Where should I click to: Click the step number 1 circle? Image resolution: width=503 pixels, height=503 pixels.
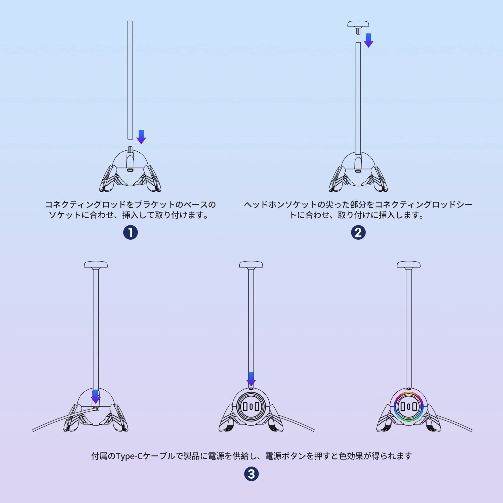click(130, 232)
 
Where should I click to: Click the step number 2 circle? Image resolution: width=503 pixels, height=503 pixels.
click(358, 232)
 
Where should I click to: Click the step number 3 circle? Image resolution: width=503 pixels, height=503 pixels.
click(251, 474)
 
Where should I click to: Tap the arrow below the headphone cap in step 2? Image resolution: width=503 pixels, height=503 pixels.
click(368, 40)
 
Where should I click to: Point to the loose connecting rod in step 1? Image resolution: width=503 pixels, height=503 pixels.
click(130, 80)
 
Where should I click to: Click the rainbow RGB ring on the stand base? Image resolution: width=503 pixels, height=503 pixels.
click(408, 407)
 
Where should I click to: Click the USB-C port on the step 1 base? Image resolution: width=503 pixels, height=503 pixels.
click(130, 170)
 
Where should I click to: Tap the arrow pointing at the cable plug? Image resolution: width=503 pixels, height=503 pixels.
click(96, 397)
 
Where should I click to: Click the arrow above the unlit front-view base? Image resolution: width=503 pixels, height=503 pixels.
click(251, 379)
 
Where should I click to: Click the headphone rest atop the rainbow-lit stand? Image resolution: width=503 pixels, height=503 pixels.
click(408, 265)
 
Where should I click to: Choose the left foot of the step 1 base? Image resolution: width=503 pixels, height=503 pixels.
click(108, 180)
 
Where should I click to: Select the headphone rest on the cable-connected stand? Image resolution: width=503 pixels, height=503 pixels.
click(96, 265)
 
